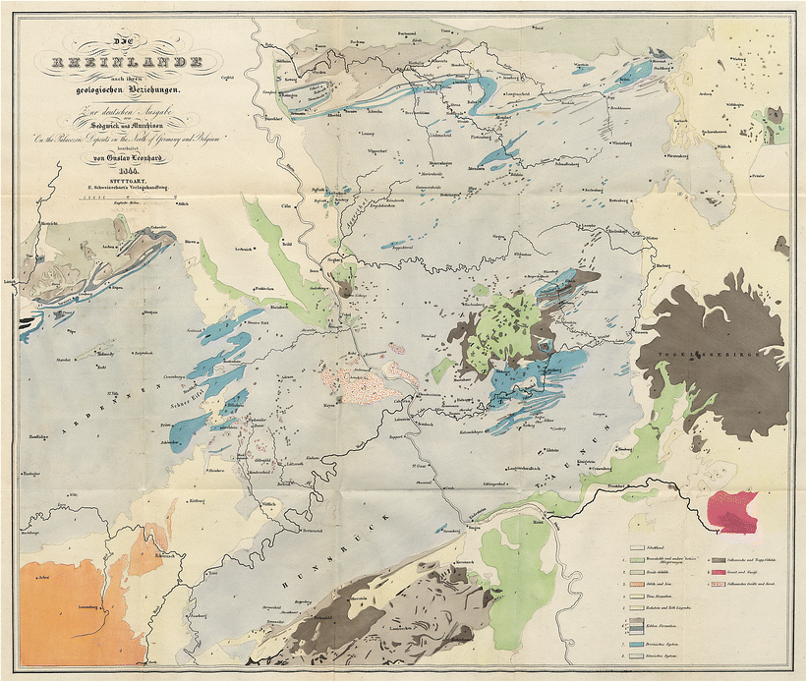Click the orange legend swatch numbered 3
[638, 584]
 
